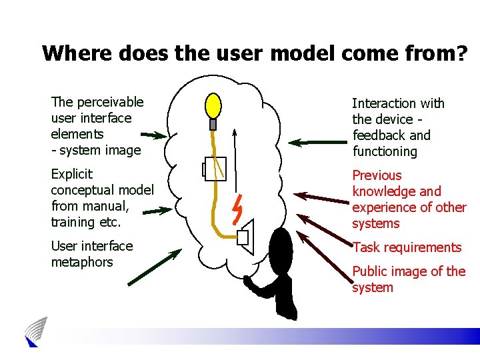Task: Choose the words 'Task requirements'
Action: click(x=407, y=247)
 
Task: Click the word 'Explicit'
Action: click(x=72, y=175)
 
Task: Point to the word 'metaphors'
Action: click(x=82, y=262)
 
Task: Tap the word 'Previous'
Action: click(x=377, y=175)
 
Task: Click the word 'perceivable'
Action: click(x=110, y=102)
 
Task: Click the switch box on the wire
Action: click(x=215, y=169)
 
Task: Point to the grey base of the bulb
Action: click(x=213, y=124)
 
